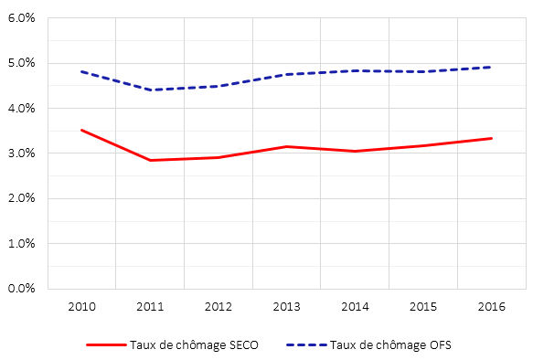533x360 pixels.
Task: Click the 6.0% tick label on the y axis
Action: [21, 18]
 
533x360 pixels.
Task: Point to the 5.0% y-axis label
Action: [21, 63]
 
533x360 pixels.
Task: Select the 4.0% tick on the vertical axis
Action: [21, 109]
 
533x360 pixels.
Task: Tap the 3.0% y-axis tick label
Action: [21, 154]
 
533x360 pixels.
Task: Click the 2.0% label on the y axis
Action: [21, 198]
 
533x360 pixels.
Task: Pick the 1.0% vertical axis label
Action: [21, 244]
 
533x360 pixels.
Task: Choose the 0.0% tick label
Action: [21, 289]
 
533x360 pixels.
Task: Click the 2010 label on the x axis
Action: [81, 307]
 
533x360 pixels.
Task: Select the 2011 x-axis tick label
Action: [150, 307]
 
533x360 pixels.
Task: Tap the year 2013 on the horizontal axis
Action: [286, 307]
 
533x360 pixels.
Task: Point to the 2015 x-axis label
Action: [423, 307]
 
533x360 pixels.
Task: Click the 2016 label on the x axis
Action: [492, 307]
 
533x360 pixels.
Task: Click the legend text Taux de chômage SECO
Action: [194, 345]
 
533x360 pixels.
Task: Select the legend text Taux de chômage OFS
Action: [390, 345]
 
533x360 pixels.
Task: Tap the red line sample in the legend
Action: [106, 344]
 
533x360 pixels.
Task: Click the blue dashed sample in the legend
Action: [306, 344]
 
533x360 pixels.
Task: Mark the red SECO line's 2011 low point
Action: [150, 160]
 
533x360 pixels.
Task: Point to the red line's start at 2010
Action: [81, 130]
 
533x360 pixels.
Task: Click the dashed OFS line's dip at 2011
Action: [150, 90]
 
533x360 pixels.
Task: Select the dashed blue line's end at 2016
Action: [492, 68]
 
